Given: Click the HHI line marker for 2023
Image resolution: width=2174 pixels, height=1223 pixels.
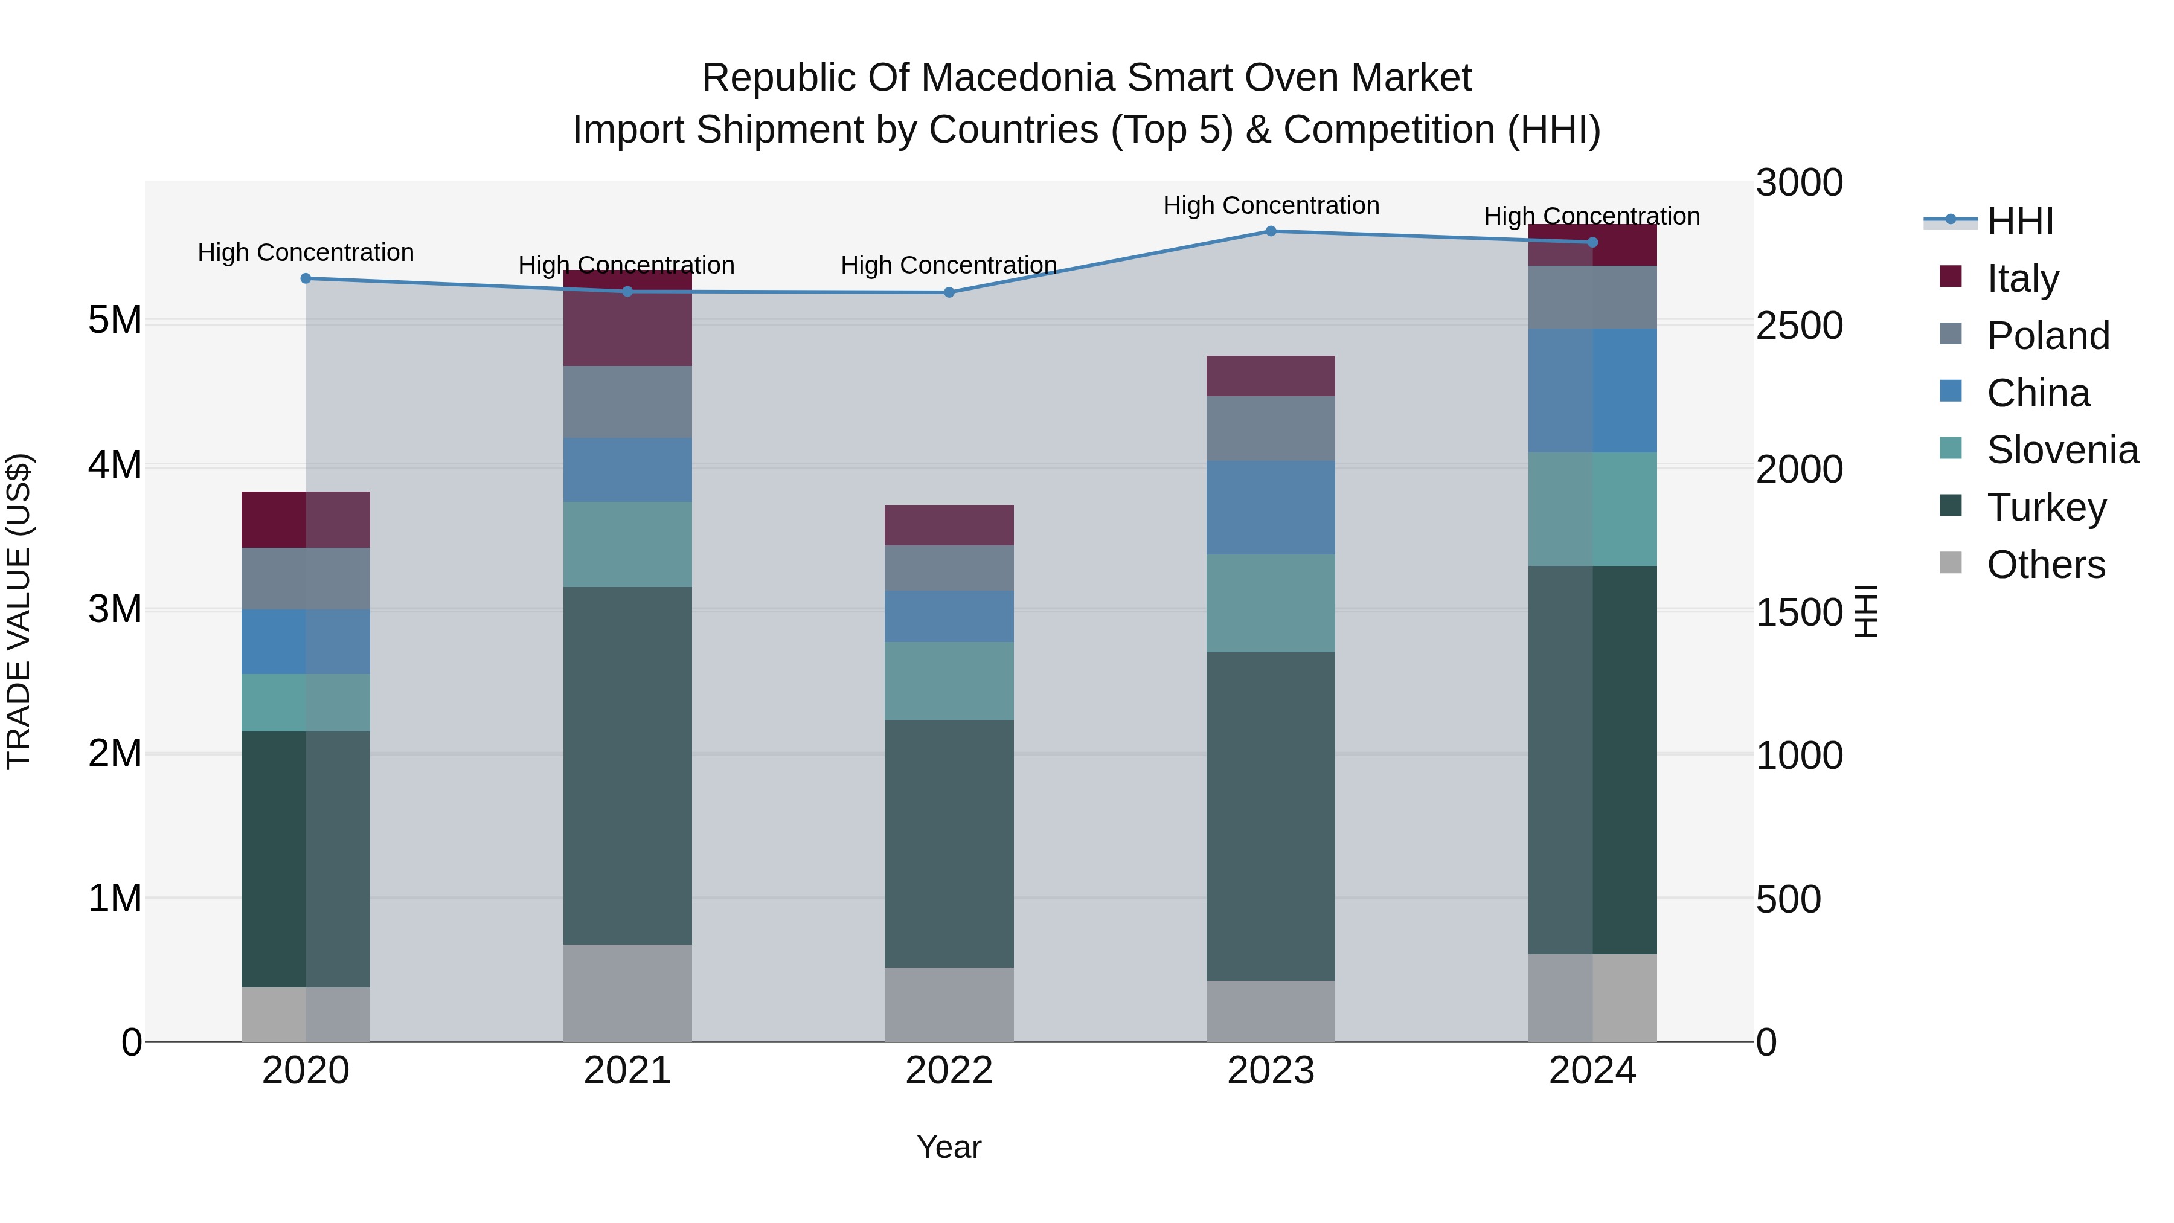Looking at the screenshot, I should tap(1271, 231).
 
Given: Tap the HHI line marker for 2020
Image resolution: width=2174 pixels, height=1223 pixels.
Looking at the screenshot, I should tap(306, 278).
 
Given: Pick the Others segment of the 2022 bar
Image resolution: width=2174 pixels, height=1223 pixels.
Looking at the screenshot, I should tap(949, 1004).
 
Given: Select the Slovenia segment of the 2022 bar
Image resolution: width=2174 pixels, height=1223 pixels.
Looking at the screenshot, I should tap(949, 680).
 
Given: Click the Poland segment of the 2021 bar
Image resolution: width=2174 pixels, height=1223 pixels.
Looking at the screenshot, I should tap(627, 402).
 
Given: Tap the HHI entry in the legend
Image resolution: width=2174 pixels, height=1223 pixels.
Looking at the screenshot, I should tap(2019, 221).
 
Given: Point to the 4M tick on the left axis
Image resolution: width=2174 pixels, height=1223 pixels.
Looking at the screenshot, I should tap(115, 464).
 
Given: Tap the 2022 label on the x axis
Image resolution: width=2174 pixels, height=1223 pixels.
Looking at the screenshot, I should tap(949, 1071).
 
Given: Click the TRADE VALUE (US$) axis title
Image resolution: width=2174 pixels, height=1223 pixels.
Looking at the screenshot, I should tap(19, 611).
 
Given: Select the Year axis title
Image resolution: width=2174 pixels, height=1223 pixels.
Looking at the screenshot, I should tap(949, 1147).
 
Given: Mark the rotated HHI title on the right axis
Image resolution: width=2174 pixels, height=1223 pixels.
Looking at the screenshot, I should tap(1865, 611).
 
